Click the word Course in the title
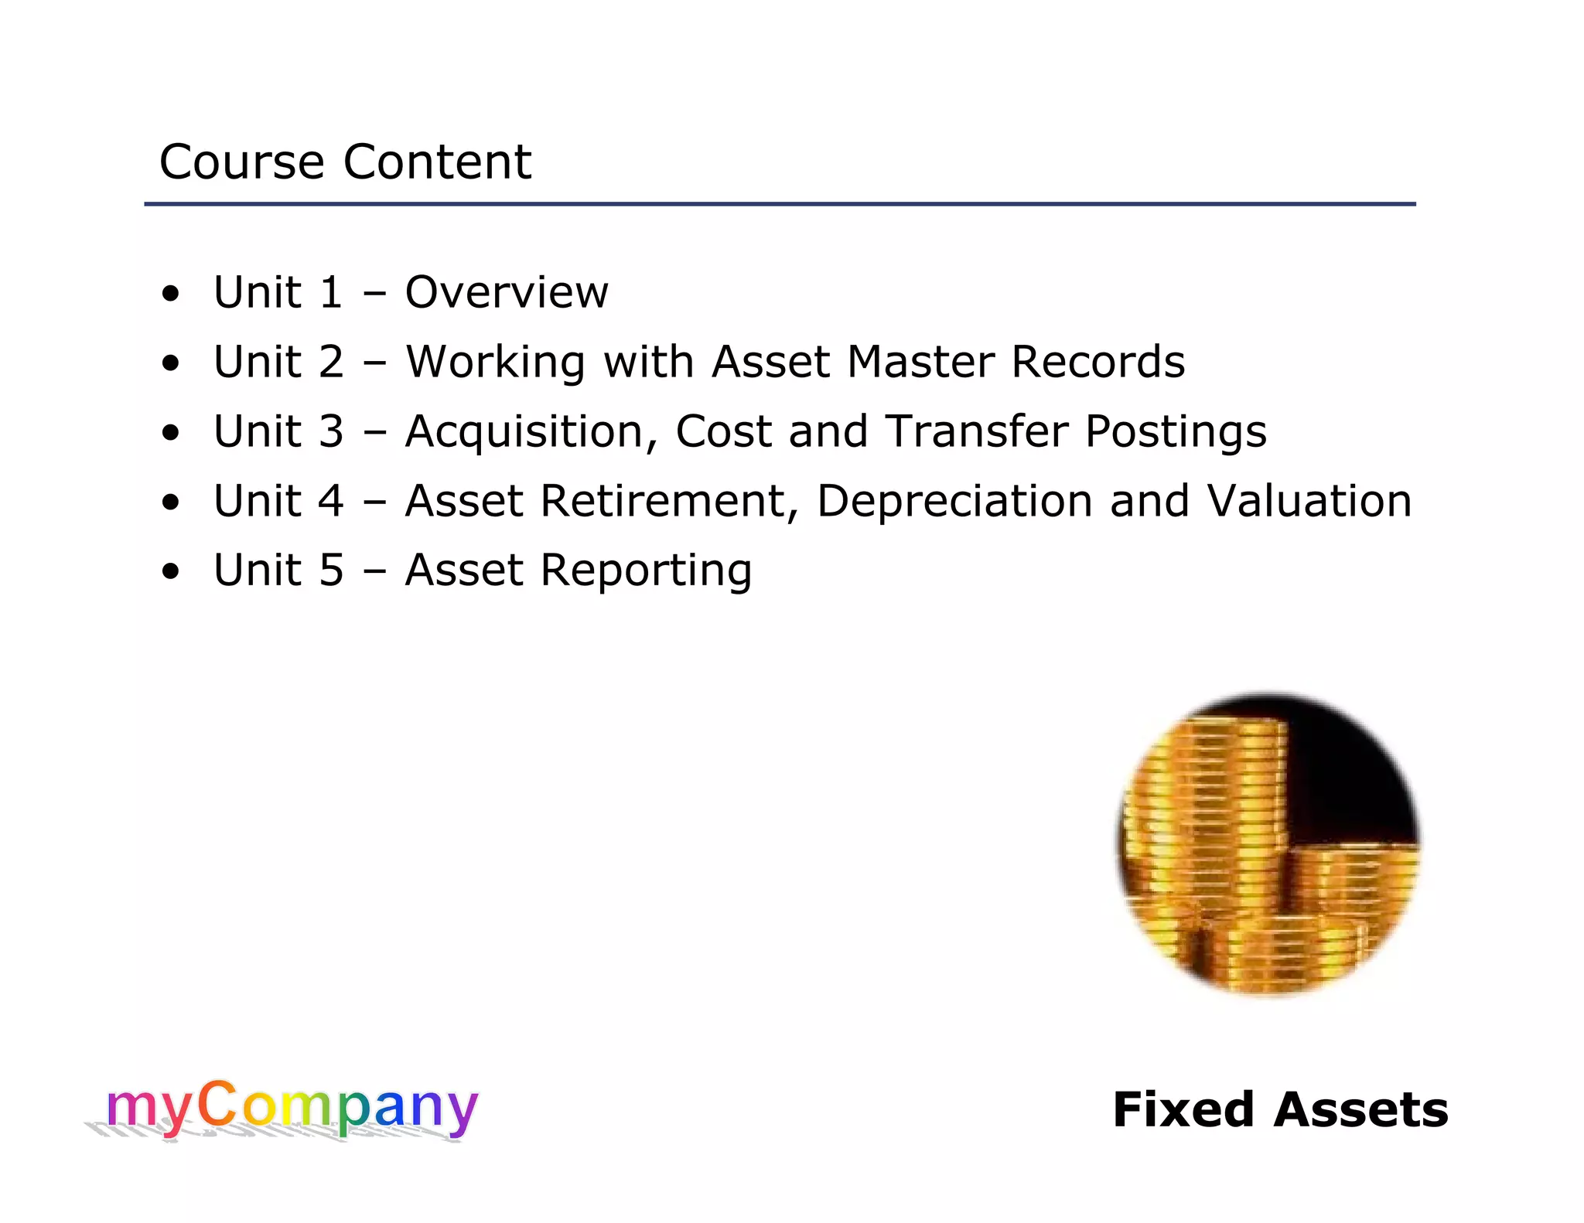[x=241, y=162]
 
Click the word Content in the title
[x=437, y=162]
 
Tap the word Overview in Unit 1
[x=507, y=292]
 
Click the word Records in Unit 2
[x=1098, y=362]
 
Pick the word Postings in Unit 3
[x=1176, y=433]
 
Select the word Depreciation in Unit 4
[x=954, y=502]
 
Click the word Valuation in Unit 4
[x=1309, y=501]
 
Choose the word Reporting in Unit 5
[x=646, y=572]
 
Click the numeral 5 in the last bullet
[x=331, y=571]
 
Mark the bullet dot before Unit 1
[x=171, y=295]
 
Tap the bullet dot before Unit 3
[x=171, y=434]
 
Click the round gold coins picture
[x=1268, y=844]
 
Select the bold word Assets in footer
[x=1361, y=1110]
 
